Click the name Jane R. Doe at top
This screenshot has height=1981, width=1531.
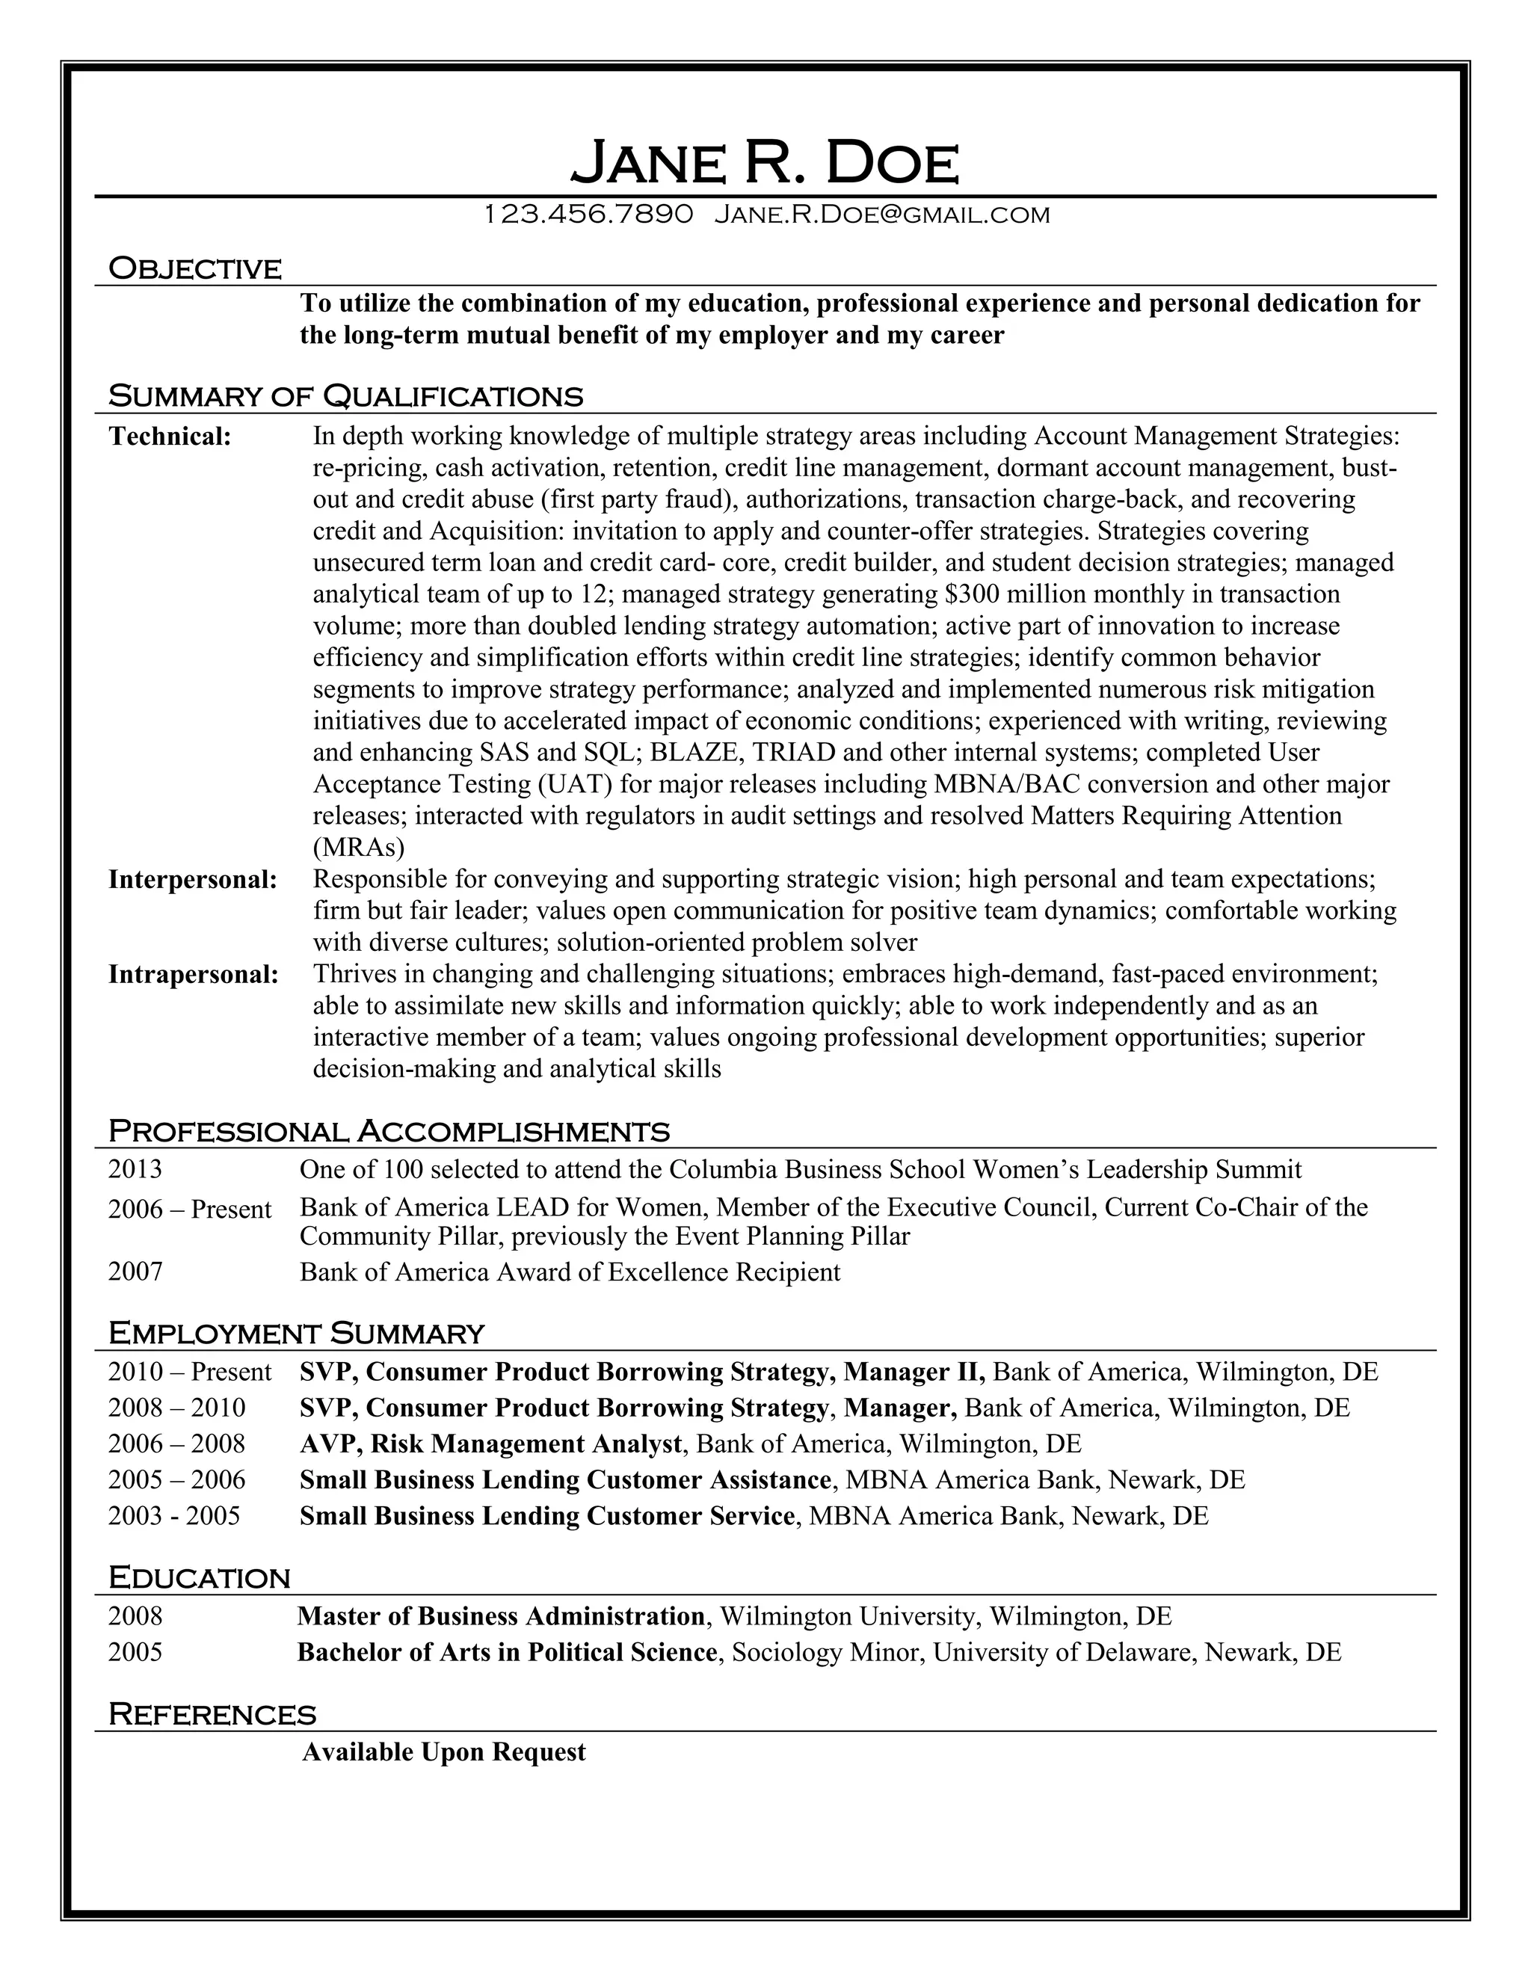[765, 163]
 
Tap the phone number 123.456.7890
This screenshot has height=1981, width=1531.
[588, 215]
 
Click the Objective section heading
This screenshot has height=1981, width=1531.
[195, 268]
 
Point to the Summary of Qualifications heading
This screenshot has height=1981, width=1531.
[345, 396]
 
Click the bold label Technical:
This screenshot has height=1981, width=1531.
[170, 437]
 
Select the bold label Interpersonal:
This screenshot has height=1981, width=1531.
[192, 879]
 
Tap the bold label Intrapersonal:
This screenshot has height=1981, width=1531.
[193, 974]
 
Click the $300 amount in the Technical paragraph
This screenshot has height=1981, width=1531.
[971, 595]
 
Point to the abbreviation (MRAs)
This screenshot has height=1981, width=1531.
[358, 847]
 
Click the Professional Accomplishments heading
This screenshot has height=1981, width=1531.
[388, 1131]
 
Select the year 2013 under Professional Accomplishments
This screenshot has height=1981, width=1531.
[135, 1169]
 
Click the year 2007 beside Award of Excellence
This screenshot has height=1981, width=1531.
[135, 1272]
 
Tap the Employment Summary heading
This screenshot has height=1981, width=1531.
[296, 1334]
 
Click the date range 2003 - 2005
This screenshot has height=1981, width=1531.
[174, 1516]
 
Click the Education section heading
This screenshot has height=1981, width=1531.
[199, 1578]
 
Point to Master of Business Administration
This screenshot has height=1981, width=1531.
[501, 1616]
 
